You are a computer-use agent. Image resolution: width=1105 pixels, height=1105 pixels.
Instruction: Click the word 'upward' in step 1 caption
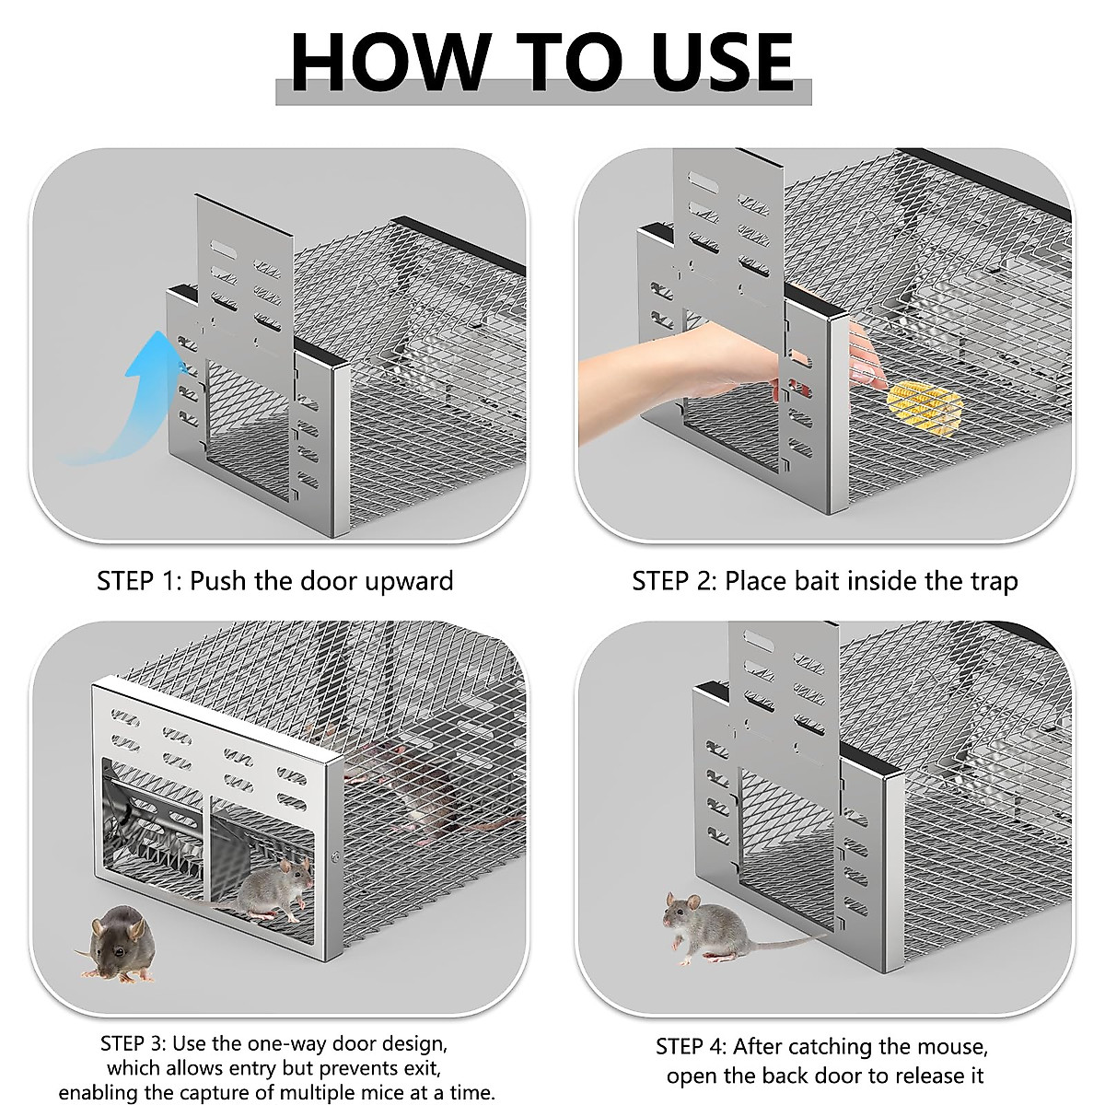click(x=410, y=581)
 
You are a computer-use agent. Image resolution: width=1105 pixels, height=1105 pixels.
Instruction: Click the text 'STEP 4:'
click(x=691, y=1047)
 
